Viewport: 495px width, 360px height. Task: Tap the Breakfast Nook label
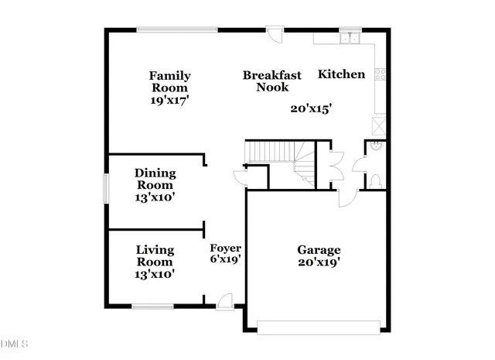click(x=271, y=81)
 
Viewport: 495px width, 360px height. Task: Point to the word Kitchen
click(x=341, y=75)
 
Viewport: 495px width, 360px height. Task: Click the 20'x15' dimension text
click(x=311, y=109)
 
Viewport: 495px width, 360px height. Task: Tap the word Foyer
click(x=226, y=248)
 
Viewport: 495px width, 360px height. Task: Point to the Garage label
click(x=319, y=250)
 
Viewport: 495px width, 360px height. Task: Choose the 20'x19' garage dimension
click(x=319, y=262)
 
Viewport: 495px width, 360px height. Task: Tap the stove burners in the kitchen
click(x=380, y=74)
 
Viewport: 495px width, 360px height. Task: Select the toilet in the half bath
click(x=375, y=181)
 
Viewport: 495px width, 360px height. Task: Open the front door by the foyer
click(x=225, y=303)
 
